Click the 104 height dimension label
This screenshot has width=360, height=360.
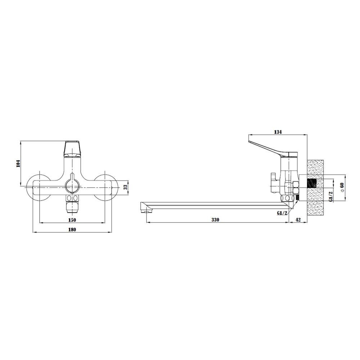pos(18,163)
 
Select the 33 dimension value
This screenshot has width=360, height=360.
pos(125,187)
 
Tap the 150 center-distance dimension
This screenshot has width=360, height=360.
pos(72,220)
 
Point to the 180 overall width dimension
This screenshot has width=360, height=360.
pos(72,229)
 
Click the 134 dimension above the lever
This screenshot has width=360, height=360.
pos(278,132)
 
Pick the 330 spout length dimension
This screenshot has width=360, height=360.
pos(215,220)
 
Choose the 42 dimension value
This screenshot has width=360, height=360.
pos(298,220)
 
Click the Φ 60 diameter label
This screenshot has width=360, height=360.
pos(342,187)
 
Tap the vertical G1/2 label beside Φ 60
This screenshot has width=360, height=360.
pos(330,197)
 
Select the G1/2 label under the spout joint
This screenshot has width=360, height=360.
pos(282,213)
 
